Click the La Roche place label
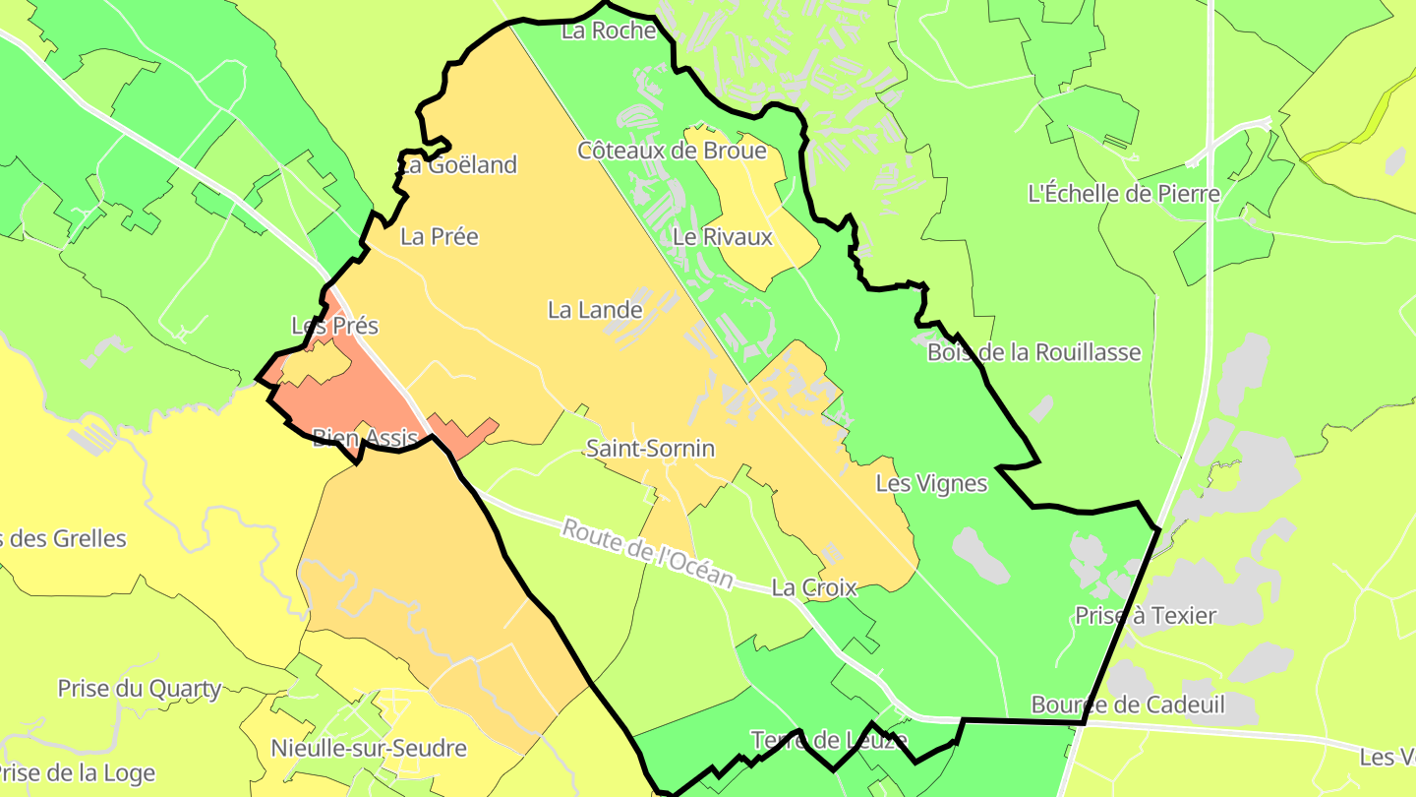(609, 31)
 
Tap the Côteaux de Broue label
(672, 151)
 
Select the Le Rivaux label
(723, 237)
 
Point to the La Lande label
(595, 310)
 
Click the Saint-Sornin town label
(650, 449)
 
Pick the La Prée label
(440, 236)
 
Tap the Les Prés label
(334, 326)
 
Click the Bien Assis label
(366, 438)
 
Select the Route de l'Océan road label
(647, 554)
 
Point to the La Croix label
(814, 588)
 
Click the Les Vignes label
(931, 484)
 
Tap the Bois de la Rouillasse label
(1033, 352)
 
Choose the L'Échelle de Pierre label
(1124, 193)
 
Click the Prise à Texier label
(1146, 616)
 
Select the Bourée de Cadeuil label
(1128, 705)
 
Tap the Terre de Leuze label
(829, 739)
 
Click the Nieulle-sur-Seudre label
(369, 749)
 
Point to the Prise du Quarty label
(140, 689)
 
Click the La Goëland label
(459, 165)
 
